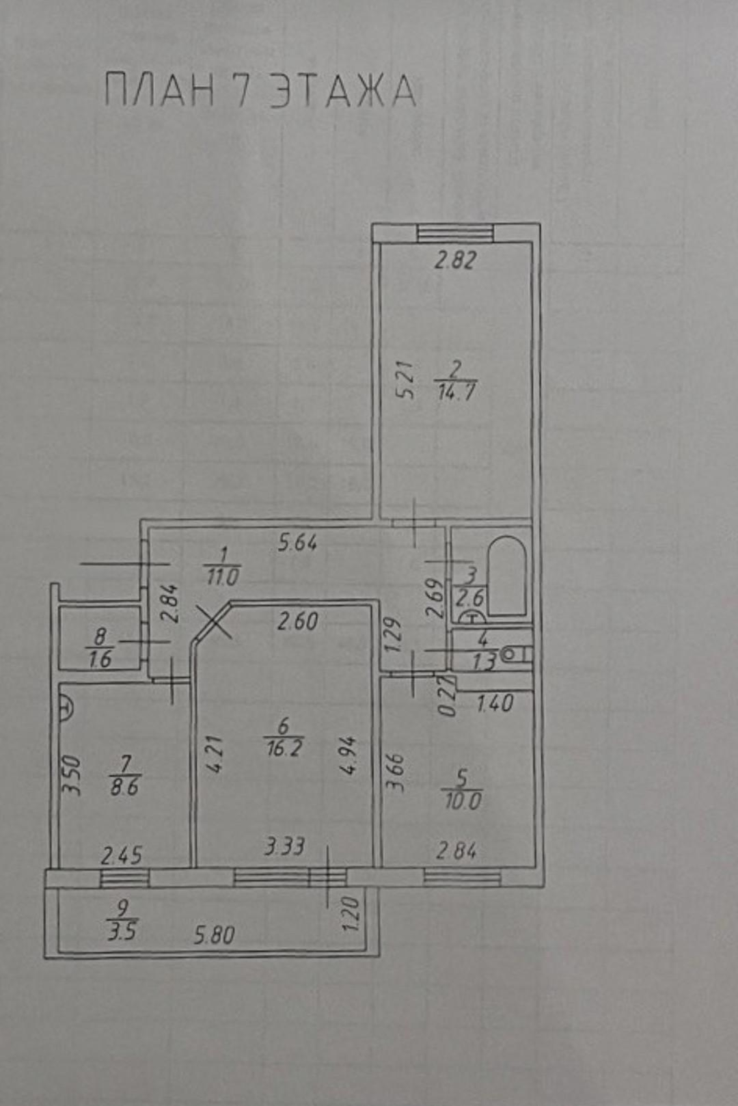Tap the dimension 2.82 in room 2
point(454,260)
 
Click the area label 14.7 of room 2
point(456,393)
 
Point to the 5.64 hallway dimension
point(297,543)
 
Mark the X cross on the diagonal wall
point(213,621)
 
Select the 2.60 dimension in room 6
point(297,621)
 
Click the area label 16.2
point(284,749)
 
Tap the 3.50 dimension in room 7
point(72,774)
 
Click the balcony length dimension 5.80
point(214,936)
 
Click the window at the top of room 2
point(455,232)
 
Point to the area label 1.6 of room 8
point(100,660)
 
